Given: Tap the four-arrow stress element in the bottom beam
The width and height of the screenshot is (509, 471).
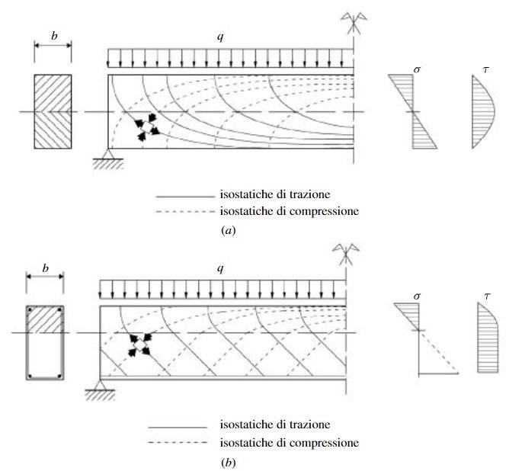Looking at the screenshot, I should coord(138,346).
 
